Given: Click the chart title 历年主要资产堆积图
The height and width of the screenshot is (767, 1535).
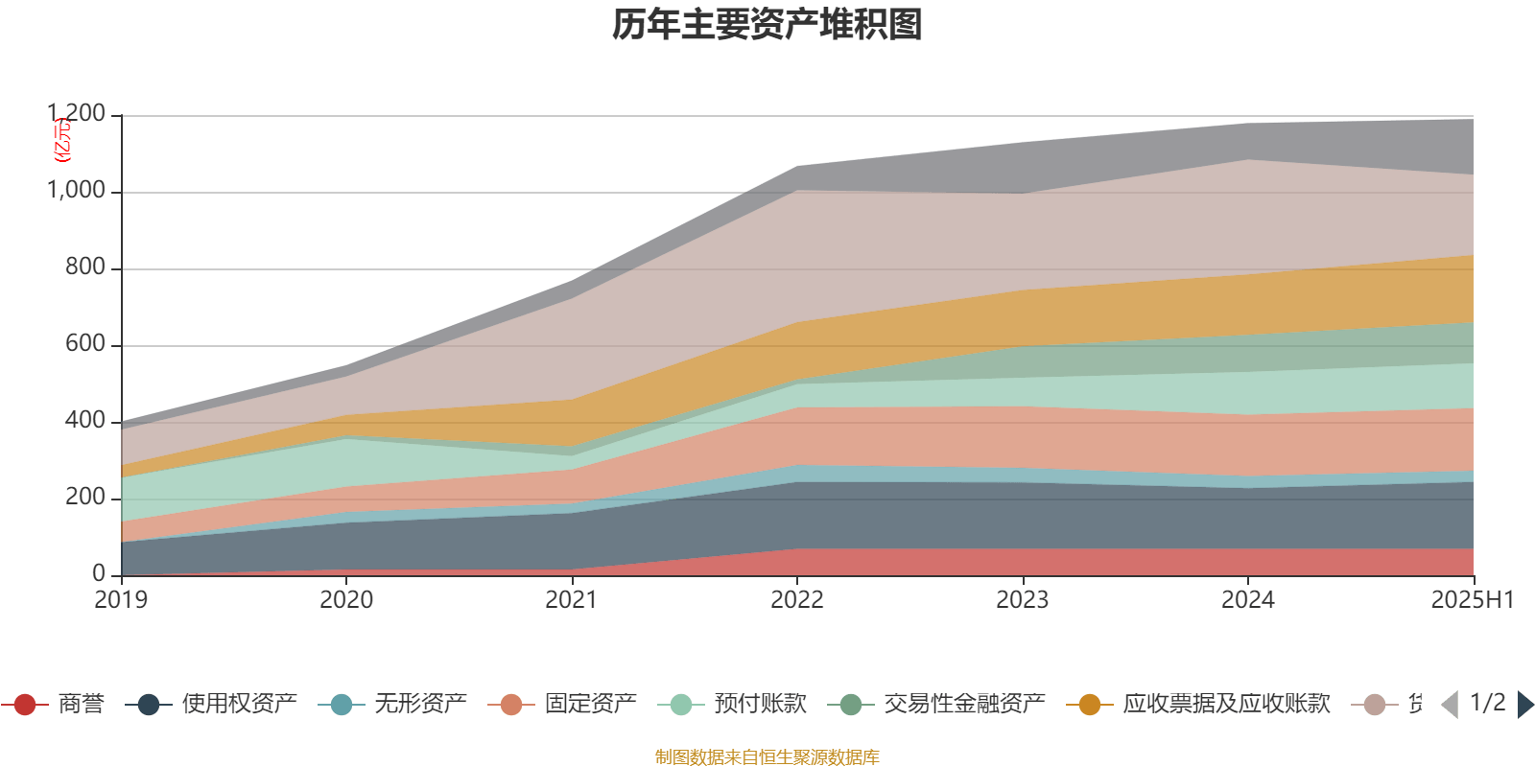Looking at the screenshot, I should point(767,25).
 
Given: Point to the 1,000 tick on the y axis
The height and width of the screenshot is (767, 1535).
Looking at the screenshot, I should point(77,191).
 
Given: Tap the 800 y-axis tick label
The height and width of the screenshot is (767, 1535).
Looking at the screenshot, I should point(85,267).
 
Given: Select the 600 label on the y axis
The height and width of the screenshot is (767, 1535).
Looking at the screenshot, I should point(85,344).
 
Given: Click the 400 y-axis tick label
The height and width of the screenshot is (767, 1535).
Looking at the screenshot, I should point(85,421).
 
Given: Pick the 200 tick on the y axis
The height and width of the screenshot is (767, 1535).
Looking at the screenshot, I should point(85,498).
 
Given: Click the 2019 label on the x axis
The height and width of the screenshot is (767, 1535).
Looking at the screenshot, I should point(121,600).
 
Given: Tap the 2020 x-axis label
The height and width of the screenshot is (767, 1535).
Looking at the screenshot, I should point(346,600).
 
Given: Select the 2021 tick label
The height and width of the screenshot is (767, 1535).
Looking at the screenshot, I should point(572,600).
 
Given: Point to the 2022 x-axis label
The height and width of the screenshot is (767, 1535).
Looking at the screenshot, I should point(797,600).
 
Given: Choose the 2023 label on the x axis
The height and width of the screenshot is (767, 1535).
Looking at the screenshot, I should point(1023,600).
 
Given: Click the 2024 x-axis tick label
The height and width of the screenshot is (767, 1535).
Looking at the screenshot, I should point(1248,600).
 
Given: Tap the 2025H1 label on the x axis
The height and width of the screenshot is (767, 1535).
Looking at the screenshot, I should point(1472,600).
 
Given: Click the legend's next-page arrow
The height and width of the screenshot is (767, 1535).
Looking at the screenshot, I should point(1524,705).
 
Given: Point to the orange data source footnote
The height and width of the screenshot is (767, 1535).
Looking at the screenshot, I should point(767,757).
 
